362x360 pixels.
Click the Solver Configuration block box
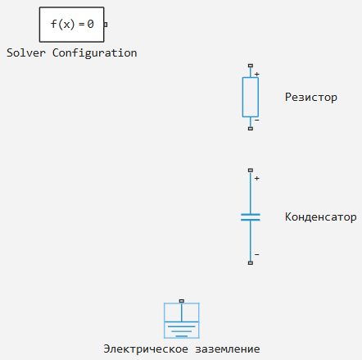71,25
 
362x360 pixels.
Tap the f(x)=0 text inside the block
72,25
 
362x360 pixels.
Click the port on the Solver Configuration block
106,25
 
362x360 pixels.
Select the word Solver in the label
26,52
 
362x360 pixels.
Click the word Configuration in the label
94,53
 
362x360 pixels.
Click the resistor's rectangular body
251,97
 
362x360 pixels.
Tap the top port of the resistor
251,66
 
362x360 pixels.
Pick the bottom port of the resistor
251,129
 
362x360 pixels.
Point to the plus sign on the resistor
257,74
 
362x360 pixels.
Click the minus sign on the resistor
257,120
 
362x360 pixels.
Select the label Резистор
311,98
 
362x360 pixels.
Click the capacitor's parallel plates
251,217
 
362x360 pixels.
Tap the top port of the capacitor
251,170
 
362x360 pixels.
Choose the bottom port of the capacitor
251,263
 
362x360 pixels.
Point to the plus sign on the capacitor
257,178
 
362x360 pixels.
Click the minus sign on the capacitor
257,254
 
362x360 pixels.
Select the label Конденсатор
321,216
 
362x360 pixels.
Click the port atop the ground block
182,301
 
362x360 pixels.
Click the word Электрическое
146,349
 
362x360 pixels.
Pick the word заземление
228,349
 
